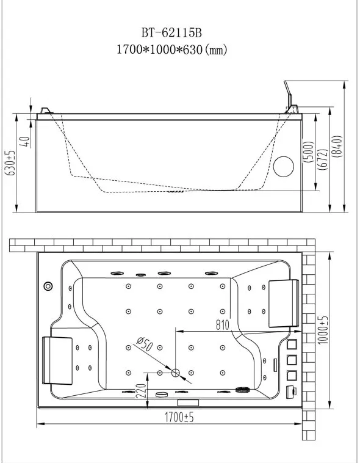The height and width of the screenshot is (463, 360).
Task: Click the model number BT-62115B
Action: point(171,32)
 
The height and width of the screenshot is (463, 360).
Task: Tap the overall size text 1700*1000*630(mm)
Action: point(172,49)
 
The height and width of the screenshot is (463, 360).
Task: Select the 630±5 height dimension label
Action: point(10,162)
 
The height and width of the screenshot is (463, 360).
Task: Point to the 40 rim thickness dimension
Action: point(26,142)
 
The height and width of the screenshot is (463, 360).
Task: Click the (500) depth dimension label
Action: point(308,151)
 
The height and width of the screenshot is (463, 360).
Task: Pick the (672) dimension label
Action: point(323,159)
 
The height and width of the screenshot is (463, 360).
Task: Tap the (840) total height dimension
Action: point(337,146)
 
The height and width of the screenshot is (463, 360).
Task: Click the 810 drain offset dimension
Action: point(223,325)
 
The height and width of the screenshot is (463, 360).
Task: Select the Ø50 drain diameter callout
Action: point(145,344)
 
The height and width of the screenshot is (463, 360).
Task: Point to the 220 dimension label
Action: point(142,391)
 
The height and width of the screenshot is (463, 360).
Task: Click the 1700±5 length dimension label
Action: point(179,418)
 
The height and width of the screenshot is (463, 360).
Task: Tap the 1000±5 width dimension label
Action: point(323,330)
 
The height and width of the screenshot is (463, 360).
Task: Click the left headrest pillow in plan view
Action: point(57,360)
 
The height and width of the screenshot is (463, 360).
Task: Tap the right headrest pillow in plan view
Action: point(284,303)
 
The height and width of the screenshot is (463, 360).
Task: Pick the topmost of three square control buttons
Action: point(292,345)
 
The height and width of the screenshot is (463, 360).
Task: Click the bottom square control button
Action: point(292,375)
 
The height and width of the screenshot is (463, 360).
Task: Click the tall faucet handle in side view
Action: point(288,94)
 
